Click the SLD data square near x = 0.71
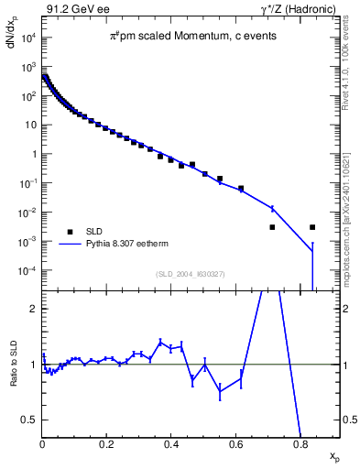point(272,227)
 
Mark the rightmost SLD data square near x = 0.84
point(313,227)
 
